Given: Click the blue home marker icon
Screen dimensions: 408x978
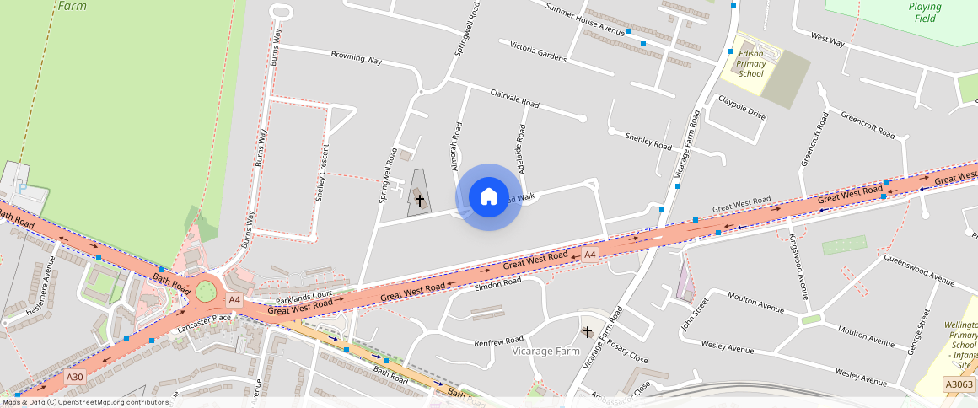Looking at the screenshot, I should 488,197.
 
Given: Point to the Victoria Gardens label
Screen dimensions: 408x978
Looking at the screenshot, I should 538,51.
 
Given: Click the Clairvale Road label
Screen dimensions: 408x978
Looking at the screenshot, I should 514,98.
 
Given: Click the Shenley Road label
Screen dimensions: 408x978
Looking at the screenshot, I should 648,141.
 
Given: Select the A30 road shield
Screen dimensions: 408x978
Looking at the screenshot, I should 75,377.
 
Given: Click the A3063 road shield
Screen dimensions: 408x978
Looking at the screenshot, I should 959,384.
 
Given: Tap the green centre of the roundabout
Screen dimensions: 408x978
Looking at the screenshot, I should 205,293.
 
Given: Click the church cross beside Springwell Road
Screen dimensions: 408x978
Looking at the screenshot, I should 419,200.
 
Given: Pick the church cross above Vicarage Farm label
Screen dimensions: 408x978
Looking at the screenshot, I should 588,332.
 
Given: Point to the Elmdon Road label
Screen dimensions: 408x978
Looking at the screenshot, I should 498,286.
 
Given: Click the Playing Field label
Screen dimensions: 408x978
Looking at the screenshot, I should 925,13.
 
